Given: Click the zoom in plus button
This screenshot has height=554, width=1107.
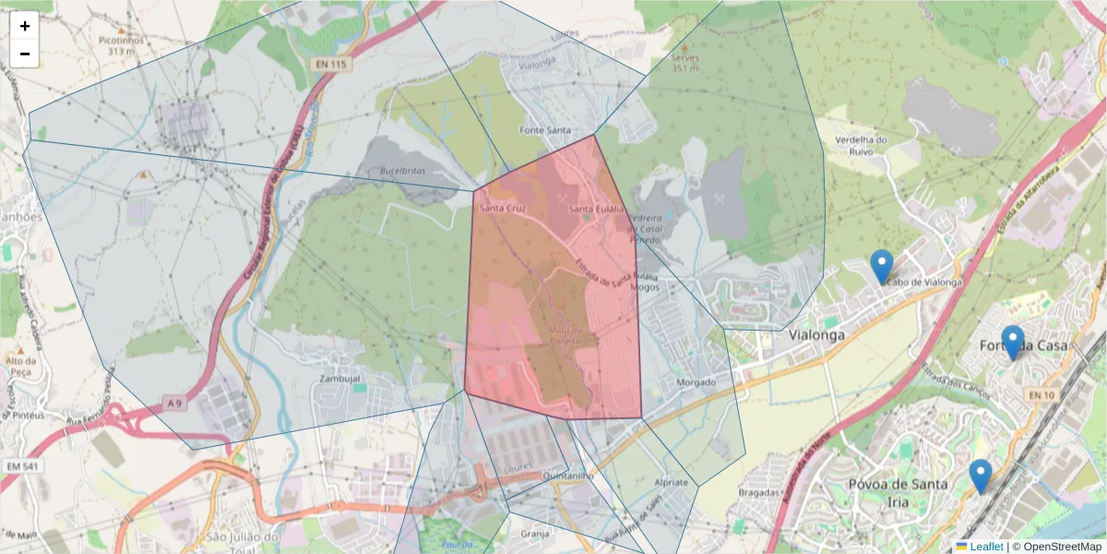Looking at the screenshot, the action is click(x=25, y=26).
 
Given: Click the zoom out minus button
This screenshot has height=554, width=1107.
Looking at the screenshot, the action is click(x=25, y=54).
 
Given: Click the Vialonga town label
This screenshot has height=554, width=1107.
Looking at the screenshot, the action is click(x=816, y=336).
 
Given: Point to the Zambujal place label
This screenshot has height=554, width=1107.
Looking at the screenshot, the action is click(x=339, y=379).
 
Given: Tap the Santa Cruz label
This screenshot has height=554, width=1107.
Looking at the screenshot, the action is click(x=504, y=210).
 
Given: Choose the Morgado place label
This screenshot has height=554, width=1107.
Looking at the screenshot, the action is click(x=696, y=382).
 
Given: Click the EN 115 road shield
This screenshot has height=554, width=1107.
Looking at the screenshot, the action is click(x=332, y=64).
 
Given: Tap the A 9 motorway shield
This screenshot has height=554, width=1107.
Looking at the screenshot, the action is click(x=175, y=403).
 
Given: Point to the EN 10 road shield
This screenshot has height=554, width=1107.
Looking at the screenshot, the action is click(x=1041, y=395).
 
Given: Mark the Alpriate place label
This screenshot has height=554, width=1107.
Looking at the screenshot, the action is click(x=671, y=483).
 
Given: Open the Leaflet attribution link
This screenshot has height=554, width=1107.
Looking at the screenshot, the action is click(x=986, y=547).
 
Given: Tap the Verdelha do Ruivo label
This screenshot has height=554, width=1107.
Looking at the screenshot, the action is click(x=861, y=146).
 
